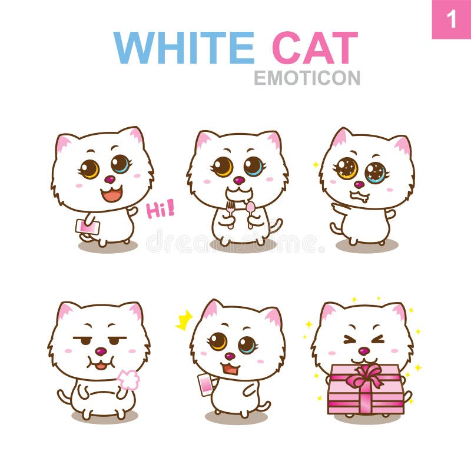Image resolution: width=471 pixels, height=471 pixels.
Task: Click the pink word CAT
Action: click(314, 47)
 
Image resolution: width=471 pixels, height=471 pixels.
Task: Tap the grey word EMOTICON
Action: click(307, 78)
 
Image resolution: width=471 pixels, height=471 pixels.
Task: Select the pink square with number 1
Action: click(452, 19)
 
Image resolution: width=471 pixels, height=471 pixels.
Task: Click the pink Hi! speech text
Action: click(160, 209)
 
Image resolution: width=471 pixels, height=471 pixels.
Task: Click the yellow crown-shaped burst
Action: click(184, 320)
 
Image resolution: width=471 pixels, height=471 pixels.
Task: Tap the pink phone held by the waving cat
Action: click(87, 227)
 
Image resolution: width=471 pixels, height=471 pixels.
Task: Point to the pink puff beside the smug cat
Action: click(128, 380)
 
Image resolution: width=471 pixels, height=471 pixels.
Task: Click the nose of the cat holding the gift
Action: click(364, 351)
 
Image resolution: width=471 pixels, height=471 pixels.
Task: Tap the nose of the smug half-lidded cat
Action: click(101, 351)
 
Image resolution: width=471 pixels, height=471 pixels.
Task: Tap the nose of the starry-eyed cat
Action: click(358, 184)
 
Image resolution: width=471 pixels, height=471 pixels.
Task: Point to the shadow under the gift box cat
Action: click(365, 419)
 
